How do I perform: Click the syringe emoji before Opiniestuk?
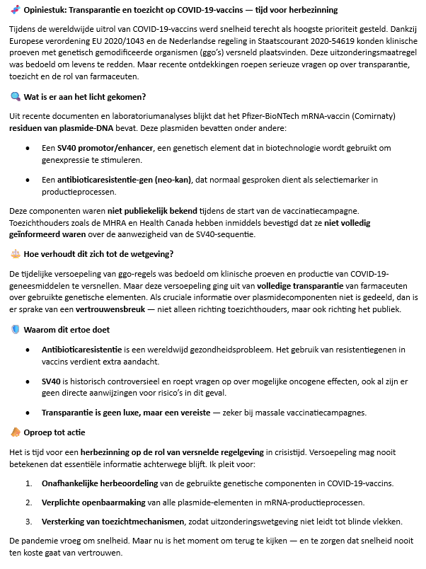[15, 10]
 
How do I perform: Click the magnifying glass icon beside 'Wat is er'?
[15, 96]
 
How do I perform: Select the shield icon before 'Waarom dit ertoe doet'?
[15, 329]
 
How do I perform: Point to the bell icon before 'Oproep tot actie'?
[15, 432]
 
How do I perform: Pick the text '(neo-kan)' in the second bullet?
[173, 180]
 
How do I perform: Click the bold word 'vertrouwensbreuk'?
[109, 309]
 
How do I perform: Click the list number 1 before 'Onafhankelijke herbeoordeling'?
[28, 483]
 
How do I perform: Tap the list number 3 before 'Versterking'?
[28, 522]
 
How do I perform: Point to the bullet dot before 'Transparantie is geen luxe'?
[28, 412]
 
